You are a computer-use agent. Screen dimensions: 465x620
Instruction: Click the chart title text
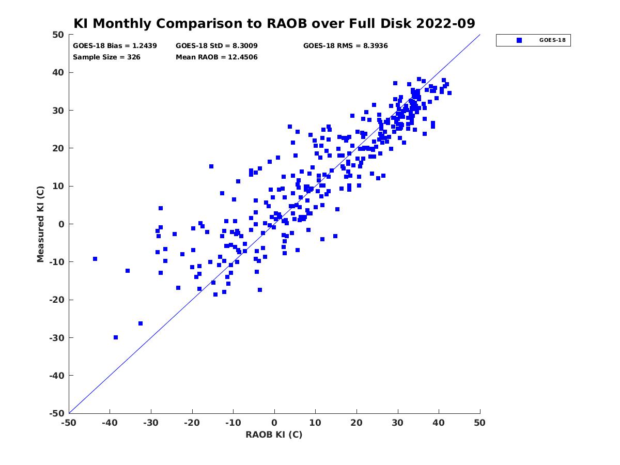[274, 23]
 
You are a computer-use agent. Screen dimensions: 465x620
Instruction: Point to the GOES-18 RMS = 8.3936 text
[345, 45]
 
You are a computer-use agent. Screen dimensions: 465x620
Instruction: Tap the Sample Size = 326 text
[106, 57]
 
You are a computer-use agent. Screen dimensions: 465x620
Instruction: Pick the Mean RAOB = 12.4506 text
[216, 57]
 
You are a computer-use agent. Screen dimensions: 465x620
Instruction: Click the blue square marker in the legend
[519, 40]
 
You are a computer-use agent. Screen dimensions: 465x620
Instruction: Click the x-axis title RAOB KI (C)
[274, 435]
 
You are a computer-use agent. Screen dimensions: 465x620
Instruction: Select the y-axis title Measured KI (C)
[40, 224]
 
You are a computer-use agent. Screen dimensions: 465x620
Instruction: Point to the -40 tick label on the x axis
[110, 423]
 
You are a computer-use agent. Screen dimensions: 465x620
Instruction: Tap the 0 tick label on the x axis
[274, 423]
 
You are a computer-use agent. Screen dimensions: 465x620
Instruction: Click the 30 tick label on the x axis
[398, 423]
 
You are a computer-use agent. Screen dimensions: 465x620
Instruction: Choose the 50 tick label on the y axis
[58, 35]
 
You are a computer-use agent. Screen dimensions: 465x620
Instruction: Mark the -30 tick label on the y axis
[56, 337]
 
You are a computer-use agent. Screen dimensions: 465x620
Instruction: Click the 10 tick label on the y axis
[58, 186]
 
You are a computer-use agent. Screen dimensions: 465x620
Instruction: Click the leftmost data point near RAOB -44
[95, 259]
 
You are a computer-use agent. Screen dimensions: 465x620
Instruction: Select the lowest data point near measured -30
[116, 337]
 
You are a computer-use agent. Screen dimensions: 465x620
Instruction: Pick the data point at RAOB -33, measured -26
[141, 323]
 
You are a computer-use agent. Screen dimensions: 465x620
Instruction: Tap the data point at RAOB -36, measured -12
[128, 271]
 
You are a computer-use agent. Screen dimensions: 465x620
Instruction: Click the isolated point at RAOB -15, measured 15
[211, 166]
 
